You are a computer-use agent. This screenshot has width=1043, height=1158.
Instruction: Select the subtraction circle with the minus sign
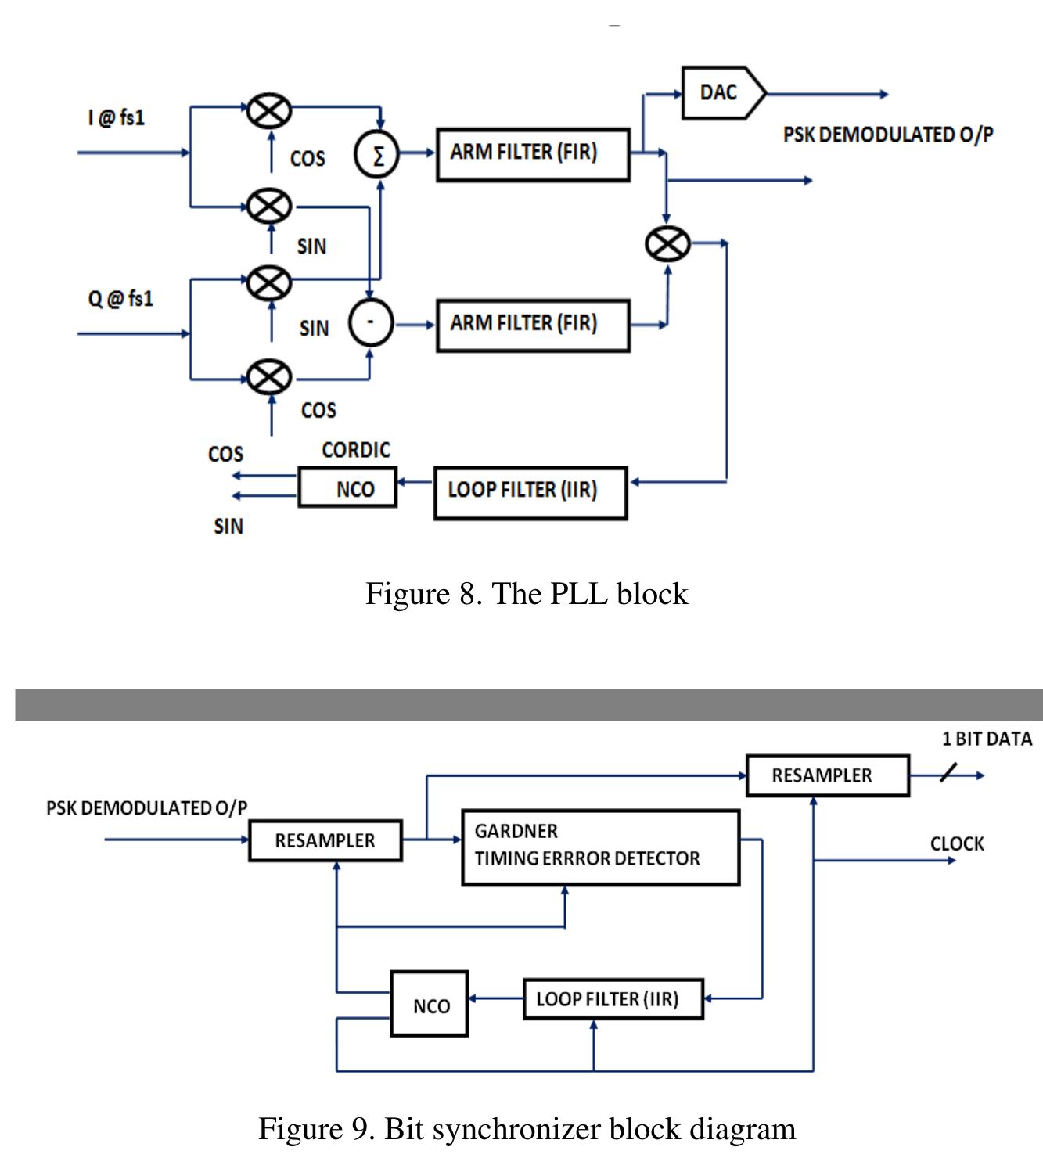(371, 323)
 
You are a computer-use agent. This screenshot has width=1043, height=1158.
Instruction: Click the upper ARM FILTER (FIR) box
(533, 154)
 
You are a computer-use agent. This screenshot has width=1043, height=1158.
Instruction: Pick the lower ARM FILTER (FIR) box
(533, 325)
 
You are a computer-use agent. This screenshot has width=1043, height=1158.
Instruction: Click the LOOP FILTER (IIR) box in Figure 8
(530, 492)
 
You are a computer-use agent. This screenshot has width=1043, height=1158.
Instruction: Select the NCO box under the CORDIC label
(347, 488)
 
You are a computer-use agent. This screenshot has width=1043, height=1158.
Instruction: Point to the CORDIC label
(356, 451)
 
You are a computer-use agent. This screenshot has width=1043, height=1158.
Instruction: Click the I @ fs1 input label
(117, 118)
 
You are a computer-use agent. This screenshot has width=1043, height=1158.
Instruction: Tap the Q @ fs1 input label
(120, 299)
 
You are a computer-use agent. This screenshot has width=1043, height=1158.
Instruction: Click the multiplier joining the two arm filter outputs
(667, 243)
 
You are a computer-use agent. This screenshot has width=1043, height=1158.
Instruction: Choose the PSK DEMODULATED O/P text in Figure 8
(888, 135)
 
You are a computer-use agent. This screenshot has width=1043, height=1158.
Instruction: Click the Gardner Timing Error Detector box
(600, 847)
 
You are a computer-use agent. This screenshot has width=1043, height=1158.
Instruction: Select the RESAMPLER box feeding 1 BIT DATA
(827, 775)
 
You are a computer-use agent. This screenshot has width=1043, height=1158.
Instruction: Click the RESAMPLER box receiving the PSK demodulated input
(325, 840)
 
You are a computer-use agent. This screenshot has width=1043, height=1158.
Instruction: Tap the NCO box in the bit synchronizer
(430, 1004)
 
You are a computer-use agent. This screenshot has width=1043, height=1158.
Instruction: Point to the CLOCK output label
(957, 843)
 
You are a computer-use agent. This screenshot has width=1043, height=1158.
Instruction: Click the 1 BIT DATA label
(987, 739)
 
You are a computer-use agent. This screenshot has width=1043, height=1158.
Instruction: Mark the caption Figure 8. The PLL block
(526, 594)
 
